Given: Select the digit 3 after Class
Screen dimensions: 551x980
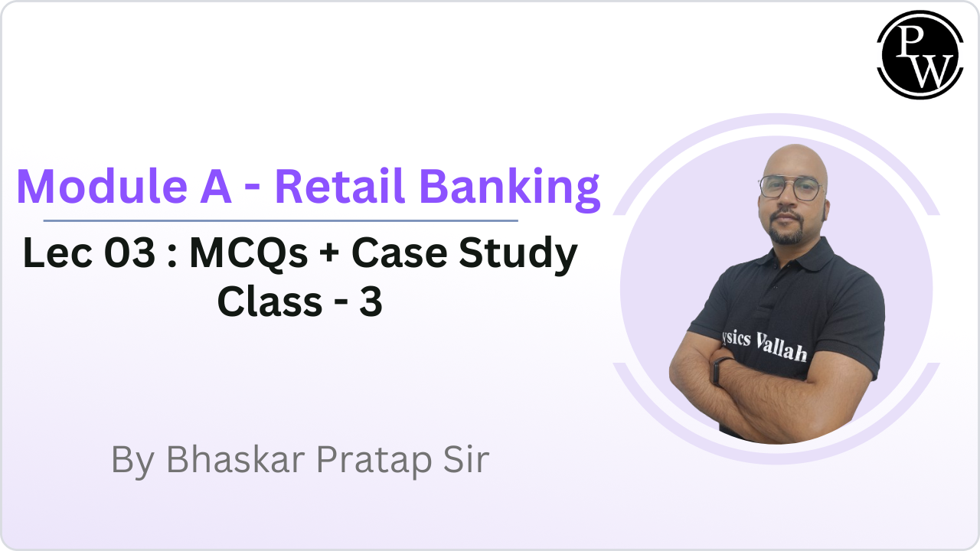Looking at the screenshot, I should (372, 302).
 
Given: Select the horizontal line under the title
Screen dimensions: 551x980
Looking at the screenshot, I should (280, 220).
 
